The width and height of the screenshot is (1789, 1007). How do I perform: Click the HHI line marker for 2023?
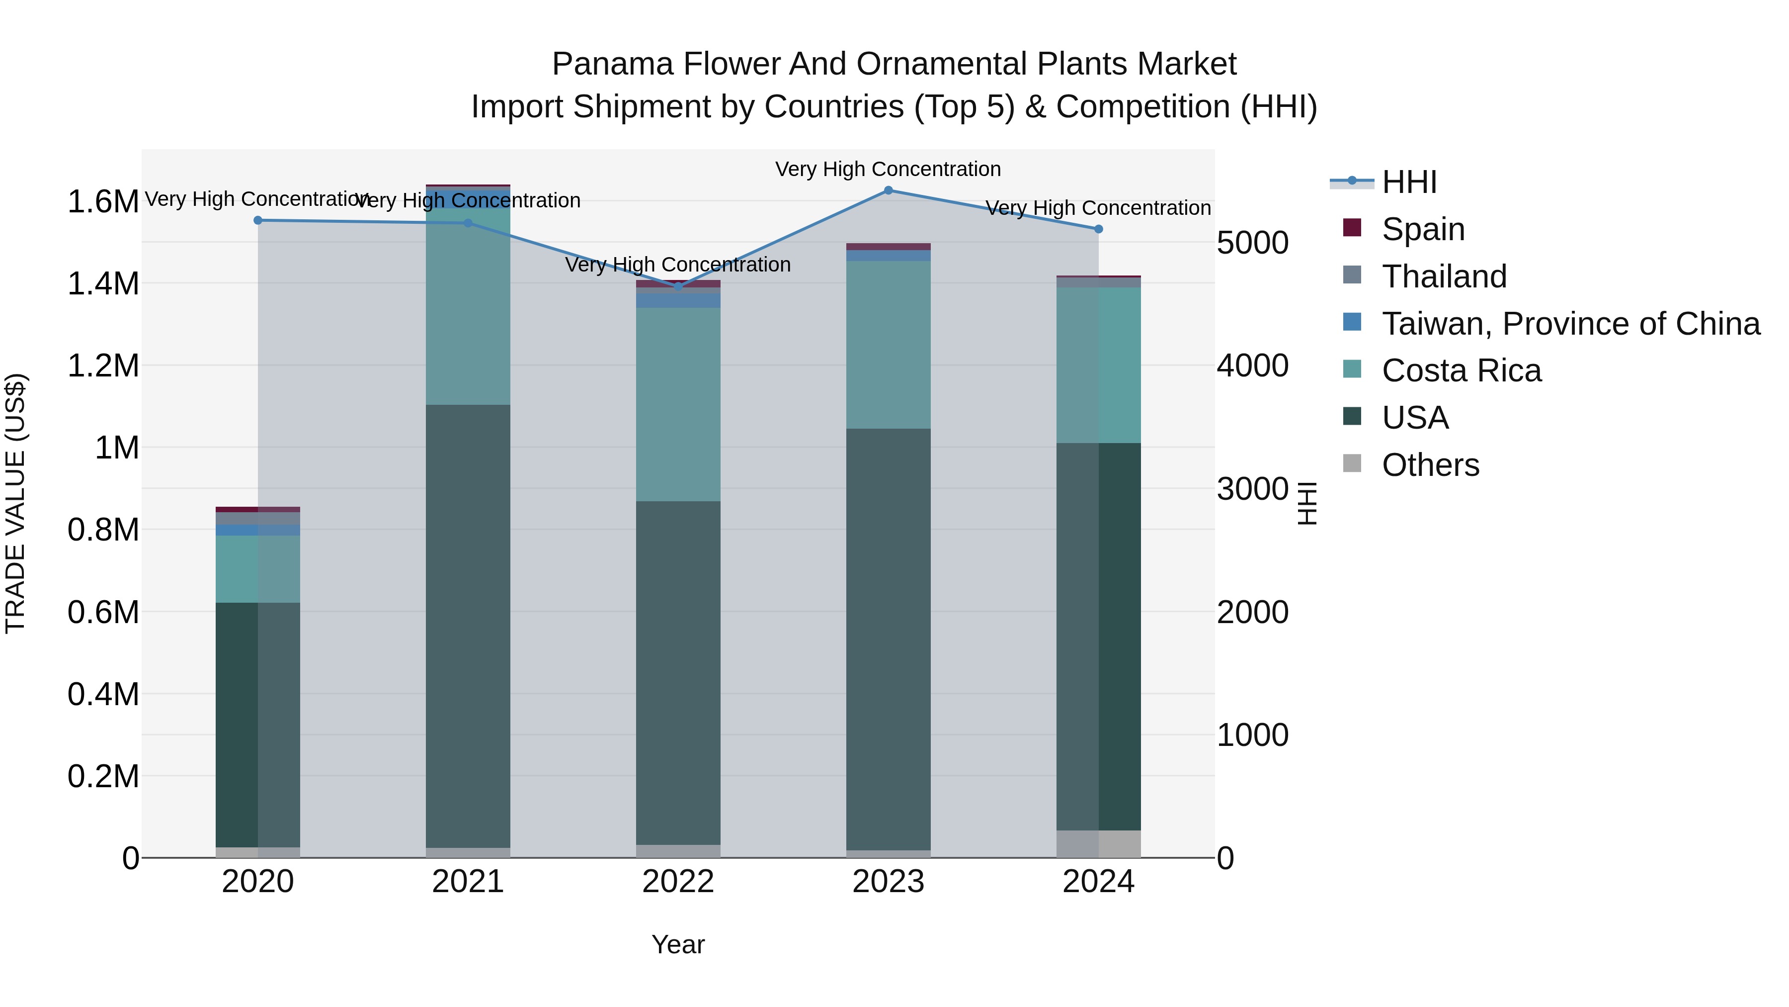tap(888, 190)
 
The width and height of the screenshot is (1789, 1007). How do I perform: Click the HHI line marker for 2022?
tap(678, 286)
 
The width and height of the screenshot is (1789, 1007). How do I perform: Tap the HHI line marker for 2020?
tap(257, 220)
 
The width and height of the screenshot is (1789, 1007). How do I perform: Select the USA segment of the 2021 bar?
tap(468, 626)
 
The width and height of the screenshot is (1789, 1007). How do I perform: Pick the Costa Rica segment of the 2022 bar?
tap(678, 404)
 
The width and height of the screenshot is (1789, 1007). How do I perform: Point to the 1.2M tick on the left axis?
tap(103, 366)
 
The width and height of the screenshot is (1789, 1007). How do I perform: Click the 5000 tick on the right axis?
tap(1252, 243)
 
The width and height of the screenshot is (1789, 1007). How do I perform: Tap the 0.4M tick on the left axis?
tap(103, 694)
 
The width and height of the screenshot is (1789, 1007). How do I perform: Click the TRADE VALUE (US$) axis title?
tap(15, 503)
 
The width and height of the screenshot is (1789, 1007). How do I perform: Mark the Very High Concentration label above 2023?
tap(888, 169)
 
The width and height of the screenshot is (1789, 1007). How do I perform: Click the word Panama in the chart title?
tap(613, 64)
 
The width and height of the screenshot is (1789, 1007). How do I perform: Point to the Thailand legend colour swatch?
tap(1352, 275)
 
